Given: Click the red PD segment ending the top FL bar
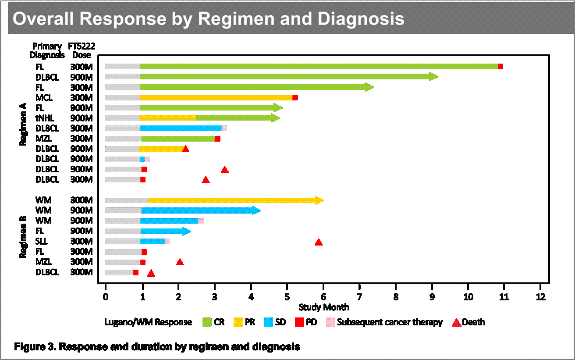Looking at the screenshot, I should pos(500,66).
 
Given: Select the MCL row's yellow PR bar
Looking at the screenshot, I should pos(216,97).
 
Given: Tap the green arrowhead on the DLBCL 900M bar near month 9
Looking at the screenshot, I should pos(433,77).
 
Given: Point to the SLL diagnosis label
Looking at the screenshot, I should pos(42,241).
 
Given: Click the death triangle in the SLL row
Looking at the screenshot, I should pos(319,242).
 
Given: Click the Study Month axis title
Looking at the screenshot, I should pos(324,307).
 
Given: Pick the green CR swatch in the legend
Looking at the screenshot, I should pos(206,322).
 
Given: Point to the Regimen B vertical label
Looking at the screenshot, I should pos(23,237).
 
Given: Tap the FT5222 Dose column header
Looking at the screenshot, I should pos(82,50).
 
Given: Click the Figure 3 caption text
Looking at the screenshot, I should pos(157,347).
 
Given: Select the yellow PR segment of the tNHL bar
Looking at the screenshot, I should pos(168,118).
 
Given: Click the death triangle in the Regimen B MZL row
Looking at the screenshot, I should pos(180,262).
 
